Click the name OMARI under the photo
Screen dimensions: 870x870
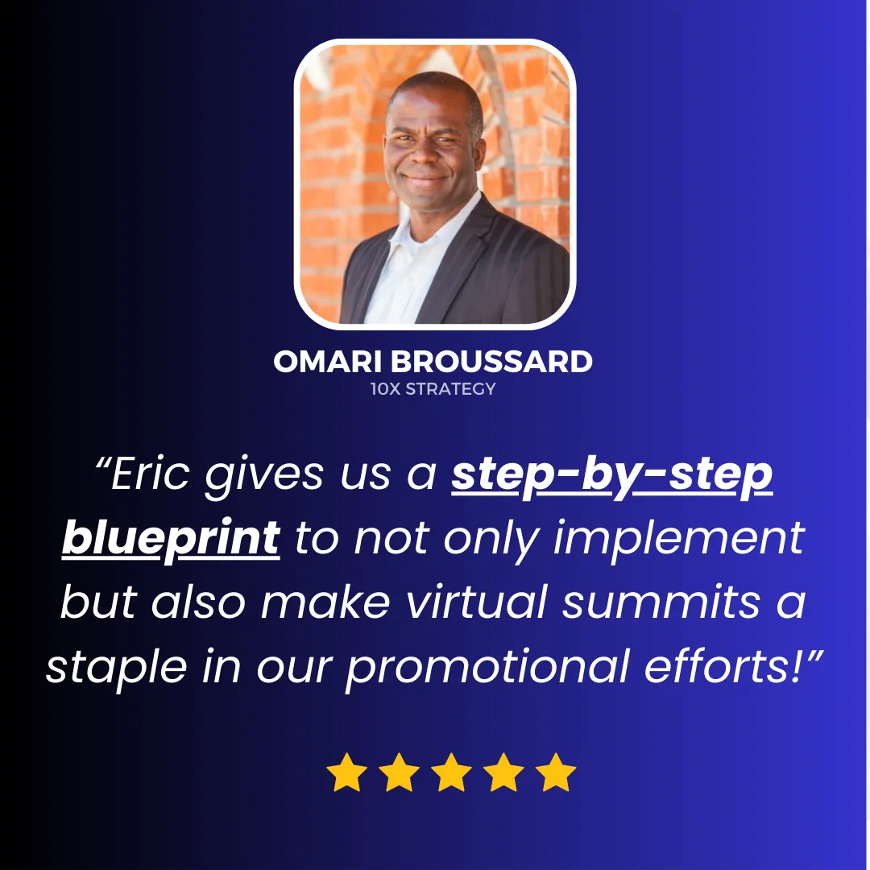(x=327, y=362)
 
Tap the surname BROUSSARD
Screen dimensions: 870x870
(x=491, y=362)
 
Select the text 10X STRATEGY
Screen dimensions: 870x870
(x=433, y=389)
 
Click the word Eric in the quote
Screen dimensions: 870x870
(x=151, y=474)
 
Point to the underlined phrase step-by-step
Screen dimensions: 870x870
(x=612, y=476)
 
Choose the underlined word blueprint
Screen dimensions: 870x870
(x=171, y=539)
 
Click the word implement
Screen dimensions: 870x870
(x=679, y=539)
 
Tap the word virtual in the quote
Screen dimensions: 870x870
(x=477, y=602)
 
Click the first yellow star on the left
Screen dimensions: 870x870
(x=346, y=772)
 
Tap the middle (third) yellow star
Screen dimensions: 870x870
(x=451, y=772)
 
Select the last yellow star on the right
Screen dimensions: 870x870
(x=556, y=772)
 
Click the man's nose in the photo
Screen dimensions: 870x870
(x=425, y=156)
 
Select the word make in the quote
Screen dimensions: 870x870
(x=325, y=602)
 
